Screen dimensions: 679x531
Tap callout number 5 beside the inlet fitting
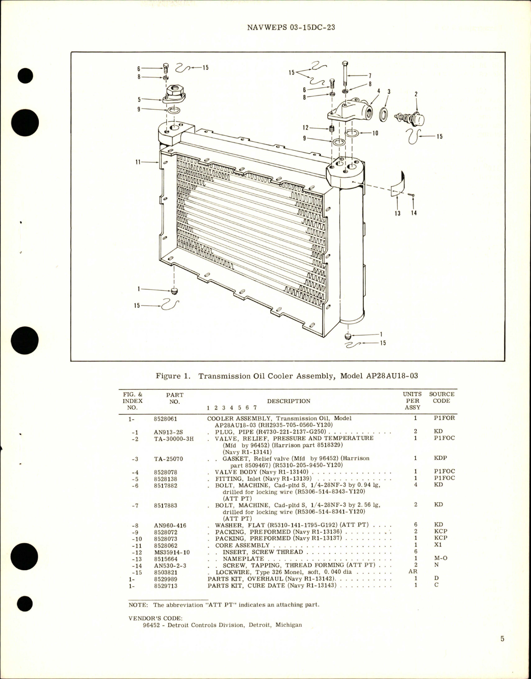coord(140,99)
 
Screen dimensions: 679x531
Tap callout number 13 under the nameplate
coord(397,214)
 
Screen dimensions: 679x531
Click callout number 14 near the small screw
coord(414,214)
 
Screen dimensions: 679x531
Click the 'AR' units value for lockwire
coord(416,571)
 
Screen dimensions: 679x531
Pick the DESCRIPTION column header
coord(288,401)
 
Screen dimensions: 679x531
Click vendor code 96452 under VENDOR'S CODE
coord(150,625)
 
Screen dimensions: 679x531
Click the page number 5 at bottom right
coord(502,650)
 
